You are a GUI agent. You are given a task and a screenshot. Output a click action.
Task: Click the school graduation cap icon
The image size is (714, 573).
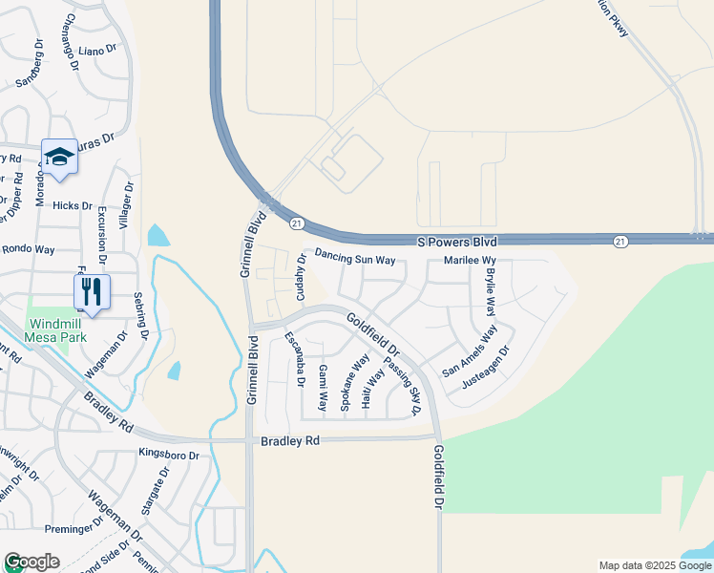[x=59, y=159]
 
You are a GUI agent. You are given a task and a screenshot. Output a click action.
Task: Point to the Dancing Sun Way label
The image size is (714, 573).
[x=355, y=259]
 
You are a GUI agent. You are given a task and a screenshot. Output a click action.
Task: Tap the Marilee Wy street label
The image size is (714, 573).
[x=463, y=260]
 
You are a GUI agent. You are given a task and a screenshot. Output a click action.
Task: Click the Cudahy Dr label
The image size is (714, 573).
[x=301, y=284]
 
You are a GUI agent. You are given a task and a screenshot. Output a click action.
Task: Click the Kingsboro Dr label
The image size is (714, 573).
[x=169, y=455]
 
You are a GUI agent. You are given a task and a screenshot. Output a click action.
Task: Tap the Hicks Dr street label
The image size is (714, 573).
[x=73, y=205]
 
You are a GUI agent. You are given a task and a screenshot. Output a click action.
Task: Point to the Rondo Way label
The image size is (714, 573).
[x=31, y=249]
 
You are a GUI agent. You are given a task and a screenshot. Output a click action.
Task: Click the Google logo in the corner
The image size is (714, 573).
[x=31, y=562]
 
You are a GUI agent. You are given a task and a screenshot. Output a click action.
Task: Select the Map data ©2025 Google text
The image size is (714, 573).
[x=654, y=565]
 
